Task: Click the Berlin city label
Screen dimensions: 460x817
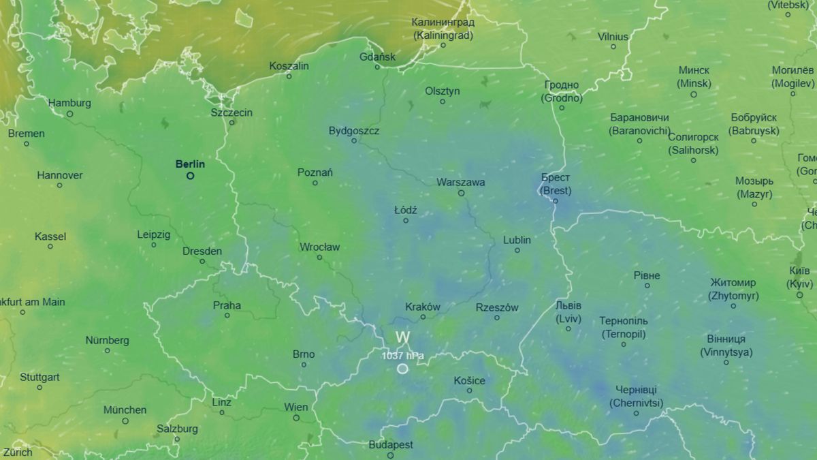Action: [x=190, y=164]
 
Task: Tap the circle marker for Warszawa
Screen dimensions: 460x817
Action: [x=461, y=193]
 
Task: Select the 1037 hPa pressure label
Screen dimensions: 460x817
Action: [x=402, y=355]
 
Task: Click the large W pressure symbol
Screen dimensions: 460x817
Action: [x=402, y=337]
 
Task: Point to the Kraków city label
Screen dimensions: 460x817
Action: [x=423, y=307]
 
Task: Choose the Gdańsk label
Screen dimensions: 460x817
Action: [x=377, y=57]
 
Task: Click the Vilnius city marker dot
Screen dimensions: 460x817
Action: [x=613, y=47]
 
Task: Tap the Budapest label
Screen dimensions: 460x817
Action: [x=391, y=444]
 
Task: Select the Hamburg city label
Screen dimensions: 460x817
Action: [x=69, y=103]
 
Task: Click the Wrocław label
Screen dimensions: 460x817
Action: [x=319, y=247]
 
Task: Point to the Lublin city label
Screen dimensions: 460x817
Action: [x=517, y=240]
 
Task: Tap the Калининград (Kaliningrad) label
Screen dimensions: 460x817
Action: [x=443, y=29]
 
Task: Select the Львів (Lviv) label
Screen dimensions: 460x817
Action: [x=568, y=312]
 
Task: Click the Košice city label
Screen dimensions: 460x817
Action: [x=470, y=380]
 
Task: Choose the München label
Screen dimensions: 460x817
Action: [x=125, y=410]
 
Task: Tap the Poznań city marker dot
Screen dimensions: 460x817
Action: [x=315, y=183]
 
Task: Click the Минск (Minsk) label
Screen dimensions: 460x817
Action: [x=694, y=77]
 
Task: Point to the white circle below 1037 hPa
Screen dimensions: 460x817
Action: [x=402, y=369]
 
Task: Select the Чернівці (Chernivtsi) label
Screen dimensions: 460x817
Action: [x=636, y=396]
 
